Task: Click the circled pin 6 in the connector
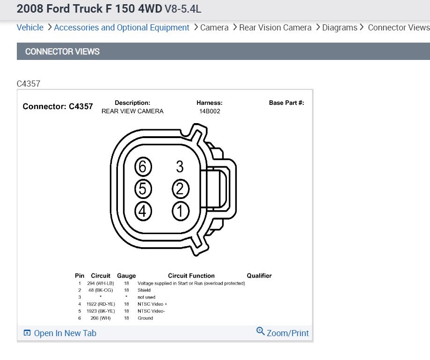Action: [x=143, y=167]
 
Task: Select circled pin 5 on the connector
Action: [x=143, y=189]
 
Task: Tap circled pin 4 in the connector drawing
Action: [x=143, y=211]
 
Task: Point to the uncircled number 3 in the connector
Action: [x=180, y=167]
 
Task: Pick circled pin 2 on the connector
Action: [x=180, y=189]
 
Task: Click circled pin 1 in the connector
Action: [x=180, y=211]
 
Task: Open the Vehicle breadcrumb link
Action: [x=30, y=28]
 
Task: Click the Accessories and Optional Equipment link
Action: [x=122, y=28]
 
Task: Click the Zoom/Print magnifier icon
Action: [x=260, y=331]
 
